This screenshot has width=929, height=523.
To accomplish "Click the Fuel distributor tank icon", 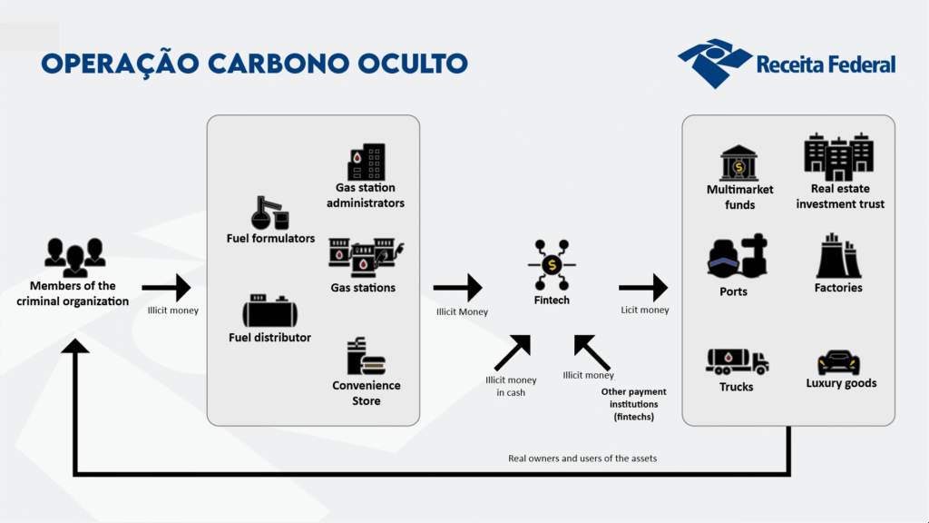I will tap(269, 311).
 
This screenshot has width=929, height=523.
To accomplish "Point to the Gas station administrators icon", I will tap(366, 162).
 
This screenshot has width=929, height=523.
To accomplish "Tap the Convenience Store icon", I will tap(366, 357).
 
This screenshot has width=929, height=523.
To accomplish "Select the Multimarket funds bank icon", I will tap(739, 163).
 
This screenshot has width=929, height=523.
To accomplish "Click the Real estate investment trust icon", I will tap(839, 157).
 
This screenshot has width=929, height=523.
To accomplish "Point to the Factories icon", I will tap(837, 256).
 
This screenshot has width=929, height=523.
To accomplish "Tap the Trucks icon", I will tap(737, 360).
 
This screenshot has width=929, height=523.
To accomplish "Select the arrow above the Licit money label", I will tap(643, 289).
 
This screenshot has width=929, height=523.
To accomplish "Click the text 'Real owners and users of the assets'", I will tap(582, 459).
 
